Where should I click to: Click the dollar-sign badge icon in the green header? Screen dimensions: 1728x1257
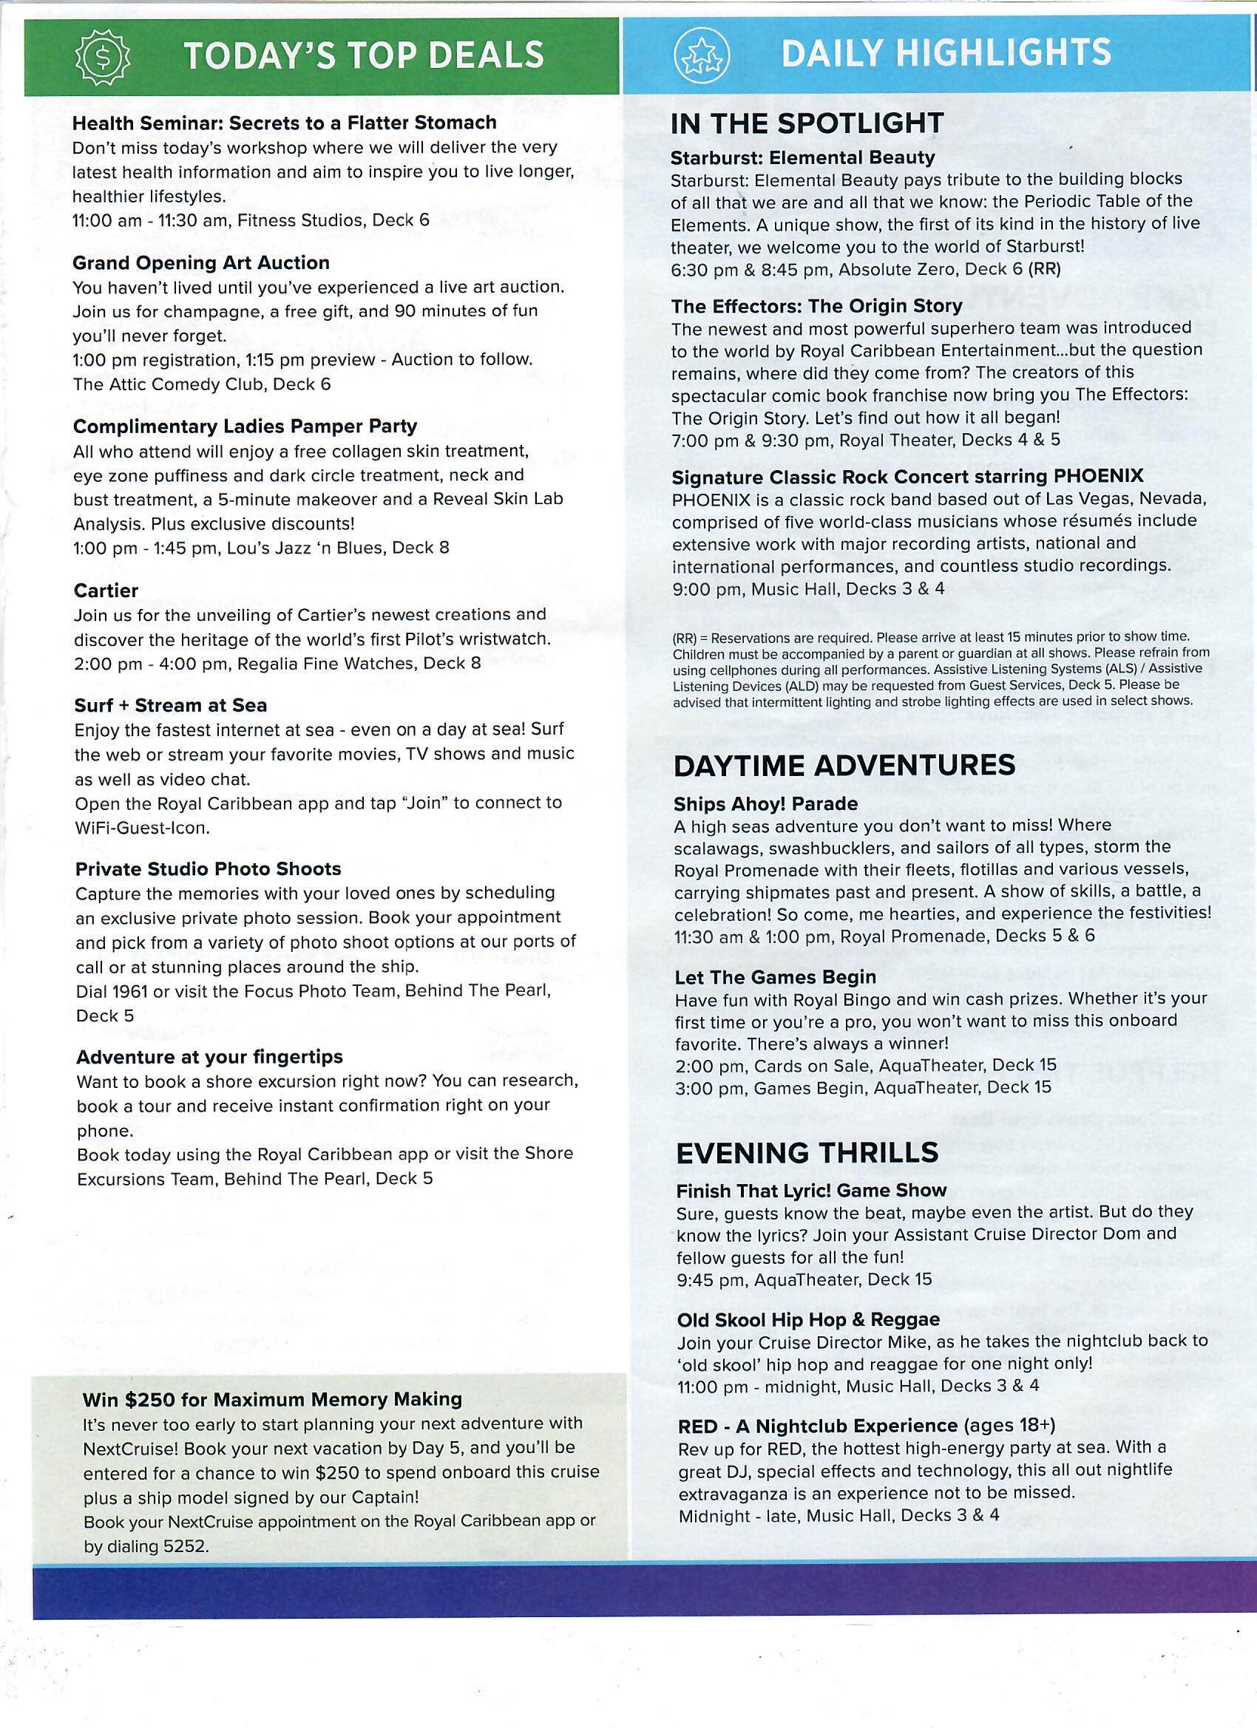tap(102, 56)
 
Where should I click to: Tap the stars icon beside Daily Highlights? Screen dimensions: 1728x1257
tap(701, 55)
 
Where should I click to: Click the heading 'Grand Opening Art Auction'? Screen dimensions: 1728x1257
tap(200, 263)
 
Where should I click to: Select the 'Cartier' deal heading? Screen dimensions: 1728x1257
tap(106, 591)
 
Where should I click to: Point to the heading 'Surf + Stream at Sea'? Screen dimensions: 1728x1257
tap(171, 706)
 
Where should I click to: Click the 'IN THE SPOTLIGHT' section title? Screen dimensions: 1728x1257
tap(807, 123)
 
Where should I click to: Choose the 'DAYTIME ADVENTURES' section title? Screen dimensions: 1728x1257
tap(844, 765)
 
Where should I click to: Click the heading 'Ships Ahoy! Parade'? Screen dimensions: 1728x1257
tap(765, 804)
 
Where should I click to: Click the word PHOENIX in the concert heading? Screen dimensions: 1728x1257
tap(1098, 477)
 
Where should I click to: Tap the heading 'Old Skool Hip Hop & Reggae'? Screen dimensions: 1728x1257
tap(808, 1319)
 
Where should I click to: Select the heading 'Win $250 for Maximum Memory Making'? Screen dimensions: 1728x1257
tap(272, 1399)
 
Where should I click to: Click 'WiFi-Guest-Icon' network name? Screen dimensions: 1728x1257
tap(141, 828)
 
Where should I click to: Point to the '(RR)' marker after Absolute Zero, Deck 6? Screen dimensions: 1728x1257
tap(1043, 270)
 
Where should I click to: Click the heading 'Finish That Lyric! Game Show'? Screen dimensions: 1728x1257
tap(811, 1191)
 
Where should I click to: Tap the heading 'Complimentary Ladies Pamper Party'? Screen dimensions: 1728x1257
tap(245, 426)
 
